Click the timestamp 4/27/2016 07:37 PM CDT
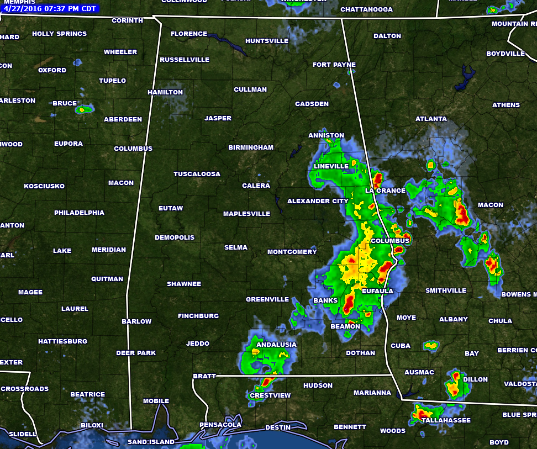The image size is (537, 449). [x=50, y=8]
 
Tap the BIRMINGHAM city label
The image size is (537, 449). [x=251, y=147]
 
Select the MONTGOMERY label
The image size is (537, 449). [x=292, y=252]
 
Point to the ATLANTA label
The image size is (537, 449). [x=431, y=119]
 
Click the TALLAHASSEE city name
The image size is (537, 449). [x=446, y=420]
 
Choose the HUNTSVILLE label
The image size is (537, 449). [x=267, y=41]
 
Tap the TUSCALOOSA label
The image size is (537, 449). [x=197, y=174]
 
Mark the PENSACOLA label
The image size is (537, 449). [x=220, y=425]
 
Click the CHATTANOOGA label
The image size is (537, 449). [x=366, y=9]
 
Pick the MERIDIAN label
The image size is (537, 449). [x=109, y=250]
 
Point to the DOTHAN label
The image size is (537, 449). [x=360, y=353]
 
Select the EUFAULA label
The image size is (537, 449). [x=377, y=290]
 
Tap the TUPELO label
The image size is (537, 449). [x=112, y=81]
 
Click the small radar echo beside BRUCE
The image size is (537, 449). [x=83, y=109]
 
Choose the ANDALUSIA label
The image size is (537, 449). [x=276, y=345]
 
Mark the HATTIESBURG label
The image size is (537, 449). [x=62, y=341]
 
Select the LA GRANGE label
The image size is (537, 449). [x=385, y=191]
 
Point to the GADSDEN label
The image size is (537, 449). [x=312, y=104]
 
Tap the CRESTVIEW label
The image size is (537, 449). [x=270, y=395]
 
